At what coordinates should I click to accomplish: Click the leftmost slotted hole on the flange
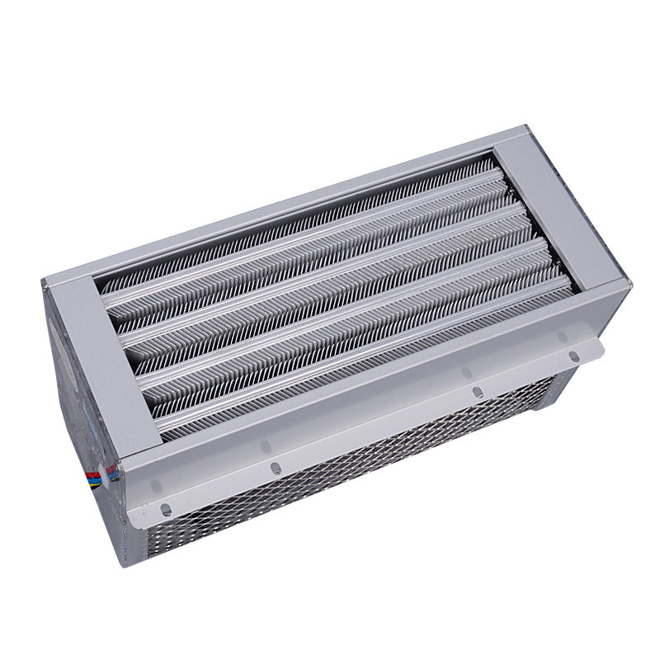click(x=166, y=509)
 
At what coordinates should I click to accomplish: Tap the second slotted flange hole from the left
click(x=276, y=468)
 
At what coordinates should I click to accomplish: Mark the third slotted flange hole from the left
click(x=476, y=393)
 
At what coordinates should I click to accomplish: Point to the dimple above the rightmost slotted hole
click(x=562, y=337)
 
